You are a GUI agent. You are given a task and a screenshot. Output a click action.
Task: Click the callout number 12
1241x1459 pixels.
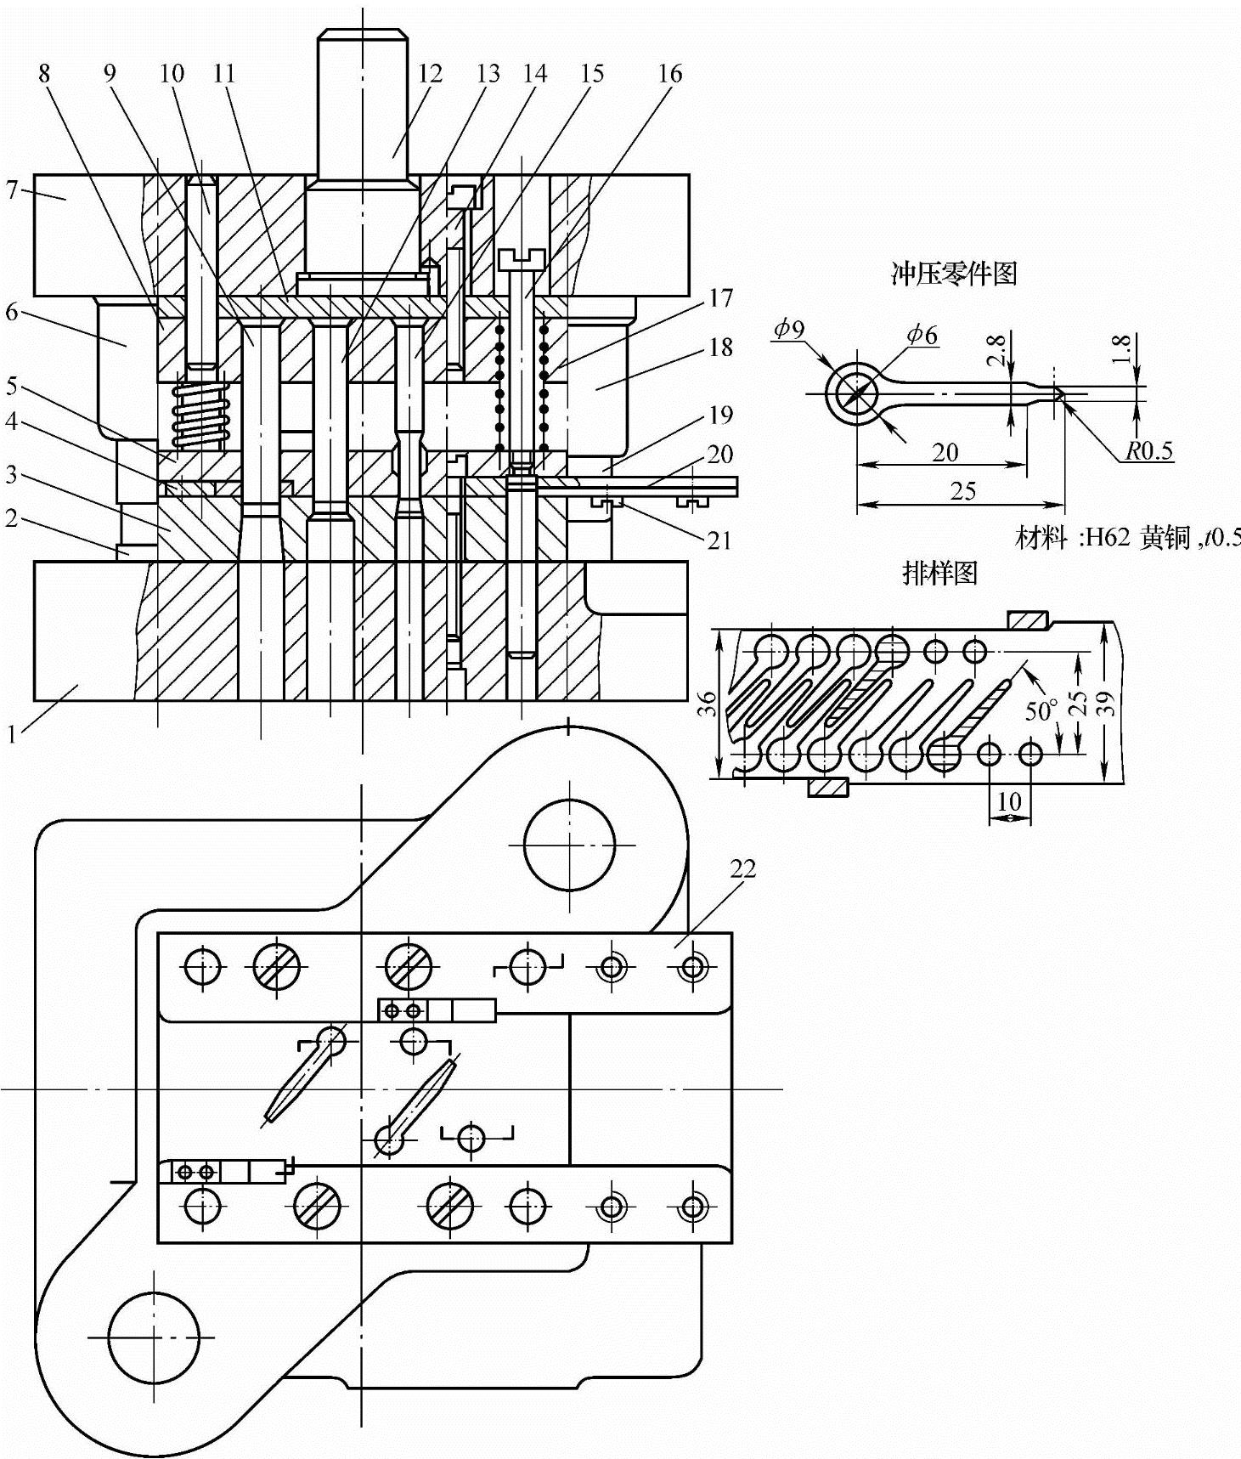pyautogui.click(x=430, y=74)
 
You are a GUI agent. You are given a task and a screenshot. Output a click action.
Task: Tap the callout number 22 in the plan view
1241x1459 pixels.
pyautogui.click(x=742, y=868)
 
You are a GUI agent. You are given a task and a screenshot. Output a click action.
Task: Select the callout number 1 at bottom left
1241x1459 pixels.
pyautogui.click(x=12, y=733)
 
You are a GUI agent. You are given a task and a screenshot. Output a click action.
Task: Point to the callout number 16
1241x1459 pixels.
pyautogui.click(x=669, y=74)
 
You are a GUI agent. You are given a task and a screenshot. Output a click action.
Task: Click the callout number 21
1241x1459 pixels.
pyautogui.click(x=719, y=540)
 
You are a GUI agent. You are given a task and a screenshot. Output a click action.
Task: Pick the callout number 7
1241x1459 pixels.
pyautogui.click(x=11, y=189)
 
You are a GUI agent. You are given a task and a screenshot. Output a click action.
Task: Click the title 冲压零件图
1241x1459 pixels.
pyautogui.click(x=953, y=273)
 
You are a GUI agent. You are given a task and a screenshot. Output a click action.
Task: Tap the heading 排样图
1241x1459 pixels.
pyautogui.click(x=939, y=573)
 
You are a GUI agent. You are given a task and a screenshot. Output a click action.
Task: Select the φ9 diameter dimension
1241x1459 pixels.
pyautogui.click(x=789, y=328)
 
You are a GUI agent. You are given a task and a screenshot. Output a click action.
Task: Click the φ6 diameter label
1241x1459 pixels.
pyautogui.click(x=922, y=335)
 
